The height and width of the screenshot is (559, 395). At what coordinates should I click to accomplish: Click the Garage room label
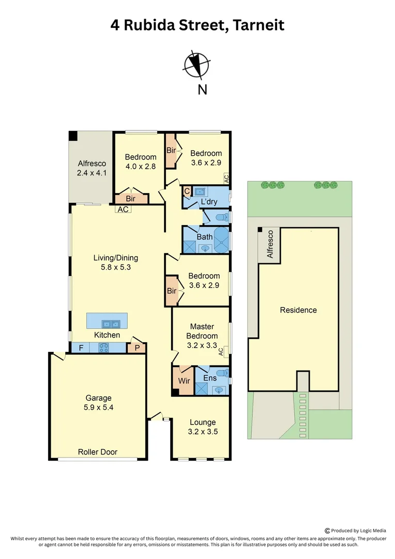[x=98, y=398]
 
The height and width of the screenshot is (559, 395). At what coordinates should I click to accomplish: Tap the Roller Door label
[x=98, y=452]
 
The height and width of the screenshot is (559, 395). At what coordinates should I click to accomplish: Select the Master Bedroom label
[x=202, y=331]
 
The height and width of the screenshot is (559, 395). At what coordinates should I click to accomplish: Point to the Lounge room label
[x=202, y=422]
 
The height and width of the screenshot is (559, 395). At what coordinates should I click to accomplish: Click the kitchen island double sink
[x=111, y=325]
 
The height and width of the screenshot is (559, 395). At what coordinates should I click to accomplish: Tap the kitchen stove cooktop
[x=103, y=348]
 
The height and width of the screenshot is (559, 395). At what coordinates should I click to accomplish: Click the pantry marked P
[x=136, y=348]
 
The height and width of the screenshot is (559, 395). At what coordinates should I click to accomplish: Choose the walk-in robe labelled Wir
[x=184, y=381]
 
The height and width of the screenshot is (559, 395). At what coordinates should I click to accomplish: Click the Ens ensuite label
[x=209, y=378]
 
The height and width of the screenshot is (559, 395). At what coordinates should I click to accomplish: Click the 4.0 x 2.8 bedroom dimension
[x=141, y=167]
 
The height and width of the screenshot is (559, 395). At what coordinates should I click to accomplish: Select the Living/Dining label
[x=115, y=258]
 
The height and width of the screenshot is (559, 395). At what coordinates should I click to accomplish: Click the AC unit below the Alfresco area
[x=123, y=210]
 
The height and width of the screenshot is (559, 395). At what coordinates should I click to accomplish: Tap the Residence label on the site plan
[x=298, y=310]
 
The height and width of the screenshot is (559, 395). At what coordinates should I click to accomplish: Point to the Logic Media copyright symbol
[x=327, y=531]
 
